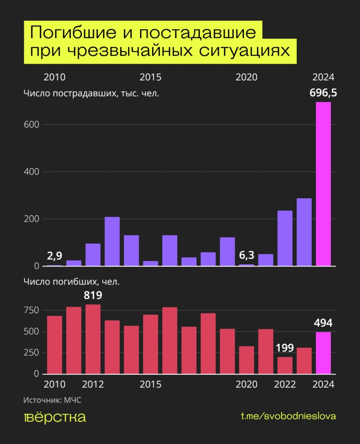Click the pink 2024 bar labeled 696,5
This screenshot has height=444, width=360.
coord(323,184)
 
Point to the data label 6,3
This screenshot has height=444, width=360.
coord(246,255)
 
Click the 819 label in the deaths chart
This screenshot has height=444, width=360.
coord(93,296)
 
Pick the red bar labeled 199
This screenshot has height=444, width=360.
coord(285,365)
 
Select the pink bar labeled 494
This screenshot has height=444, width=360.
coord(323,353)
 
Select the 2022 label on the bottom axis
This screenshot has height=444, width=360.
coord(285,385)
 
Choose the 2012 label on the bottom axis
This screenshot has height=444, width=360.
coord(93,385)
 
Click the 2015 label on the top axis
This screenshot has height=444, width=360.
coord(151,78)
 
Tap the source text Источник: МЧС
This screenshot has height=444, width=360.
coord(52,400)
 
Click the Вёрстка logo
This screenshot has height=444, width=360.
coord(55,417)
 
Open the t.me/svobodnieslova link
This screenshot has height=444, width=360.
coord(288,416)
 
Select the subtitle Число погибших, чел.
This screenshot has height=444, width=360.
coord(71,281)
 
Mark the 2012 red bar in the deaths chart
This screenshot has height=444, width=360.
coord(93,339)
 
